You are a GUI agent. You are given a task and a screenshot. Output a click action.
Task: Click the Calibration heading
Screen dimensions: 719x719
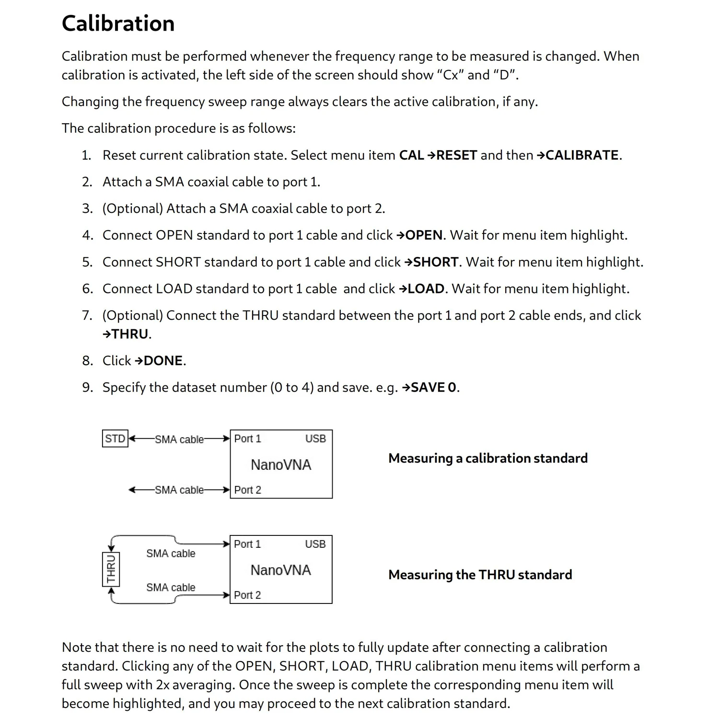[x=118, y=23]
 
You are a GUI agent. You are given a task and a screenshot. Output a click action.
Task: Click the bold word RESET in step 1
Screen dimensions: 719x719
[x=456, y=155]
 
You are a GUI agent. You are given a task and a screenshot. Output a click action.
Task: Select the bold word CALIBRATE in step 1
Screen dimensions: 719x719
[x=582, y=155]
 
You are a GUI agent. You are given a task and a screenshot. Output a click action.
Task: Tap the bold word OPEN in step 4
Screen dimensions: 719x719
[x=424, y=235]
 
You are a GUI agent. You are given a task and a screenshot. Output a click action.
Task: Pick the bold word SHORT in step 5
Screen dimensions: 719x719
[x=436, y=262]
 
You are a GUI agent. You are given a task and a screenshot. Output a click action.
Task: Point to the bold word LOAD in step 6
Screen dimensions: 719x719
[x=426, y=289]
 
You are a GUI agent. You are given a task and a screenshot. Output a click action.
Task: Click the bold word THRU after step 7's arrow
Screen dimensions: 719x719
[x=130, y=334]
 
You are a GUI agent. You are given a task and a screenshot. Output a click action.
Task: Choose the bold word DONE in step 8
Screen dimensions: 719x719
[x=163, y=361]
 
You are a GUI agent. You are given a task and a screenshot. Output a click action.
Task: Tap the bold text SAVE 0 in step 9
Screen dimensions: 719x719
[x=433, y=388]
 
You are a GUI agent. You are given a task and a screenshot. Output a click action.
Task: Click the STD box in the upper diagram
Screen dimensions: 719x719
[x=115, y=439]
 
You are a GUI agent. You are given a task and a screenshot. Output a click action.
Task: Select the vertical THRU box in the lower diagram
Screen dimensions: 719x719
[x=111, y=569]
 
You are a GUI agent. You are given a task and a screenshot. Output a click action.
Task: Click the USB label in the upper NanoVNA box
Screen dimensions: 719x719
[x=315, y=439]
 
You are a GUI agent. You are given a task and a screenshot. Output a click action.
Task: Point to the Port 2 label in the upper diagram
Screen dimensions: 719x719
[x=247, y=490]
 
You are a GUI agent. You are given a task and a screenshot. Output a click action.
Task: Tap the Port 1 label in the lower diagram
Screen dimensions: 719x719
[x=247, y=544]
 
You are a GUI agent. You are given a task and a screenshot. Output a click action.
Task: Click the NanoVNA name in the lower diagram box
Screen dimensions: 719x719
[x=280, y=570]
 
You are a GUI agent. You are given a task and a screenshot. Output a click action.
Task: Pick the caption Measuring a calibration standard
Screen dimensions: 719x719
[x=487, y=458]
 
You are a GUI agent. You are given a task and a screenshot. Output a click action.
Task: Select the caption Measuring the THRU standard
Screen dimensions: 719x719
[x=480, y=575]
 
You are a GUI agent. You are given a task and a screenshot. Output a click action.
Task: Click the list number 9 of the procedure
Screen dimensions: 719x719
[x=87, y=388]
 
